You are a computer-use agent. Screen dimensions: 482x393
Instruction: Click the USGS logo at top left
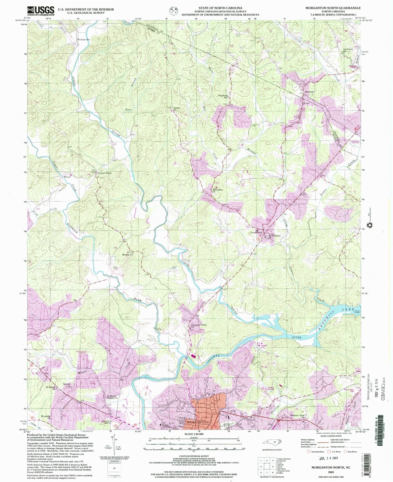tap(41, 11)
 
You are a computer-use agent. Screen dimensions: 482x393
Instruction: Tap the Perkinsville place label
tap(83, 39)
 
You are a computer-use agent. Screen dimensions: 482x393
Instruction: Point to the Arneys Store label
tap(104, 173)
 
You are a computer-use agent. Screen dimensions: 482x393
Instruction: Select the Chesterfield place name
tap(256, 233)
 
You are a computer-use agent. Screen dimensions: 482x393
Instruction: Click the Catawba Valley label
tap(198, 325)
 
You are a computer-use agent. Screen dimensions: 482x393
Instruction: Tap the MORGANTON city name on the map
tap(197, 422)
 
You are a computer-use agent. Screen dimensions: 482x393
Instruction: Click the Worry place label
tap(67, 177)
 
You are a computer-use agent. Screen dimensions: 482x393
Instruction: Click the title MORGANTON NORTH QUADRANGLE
tap(333, 8)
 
